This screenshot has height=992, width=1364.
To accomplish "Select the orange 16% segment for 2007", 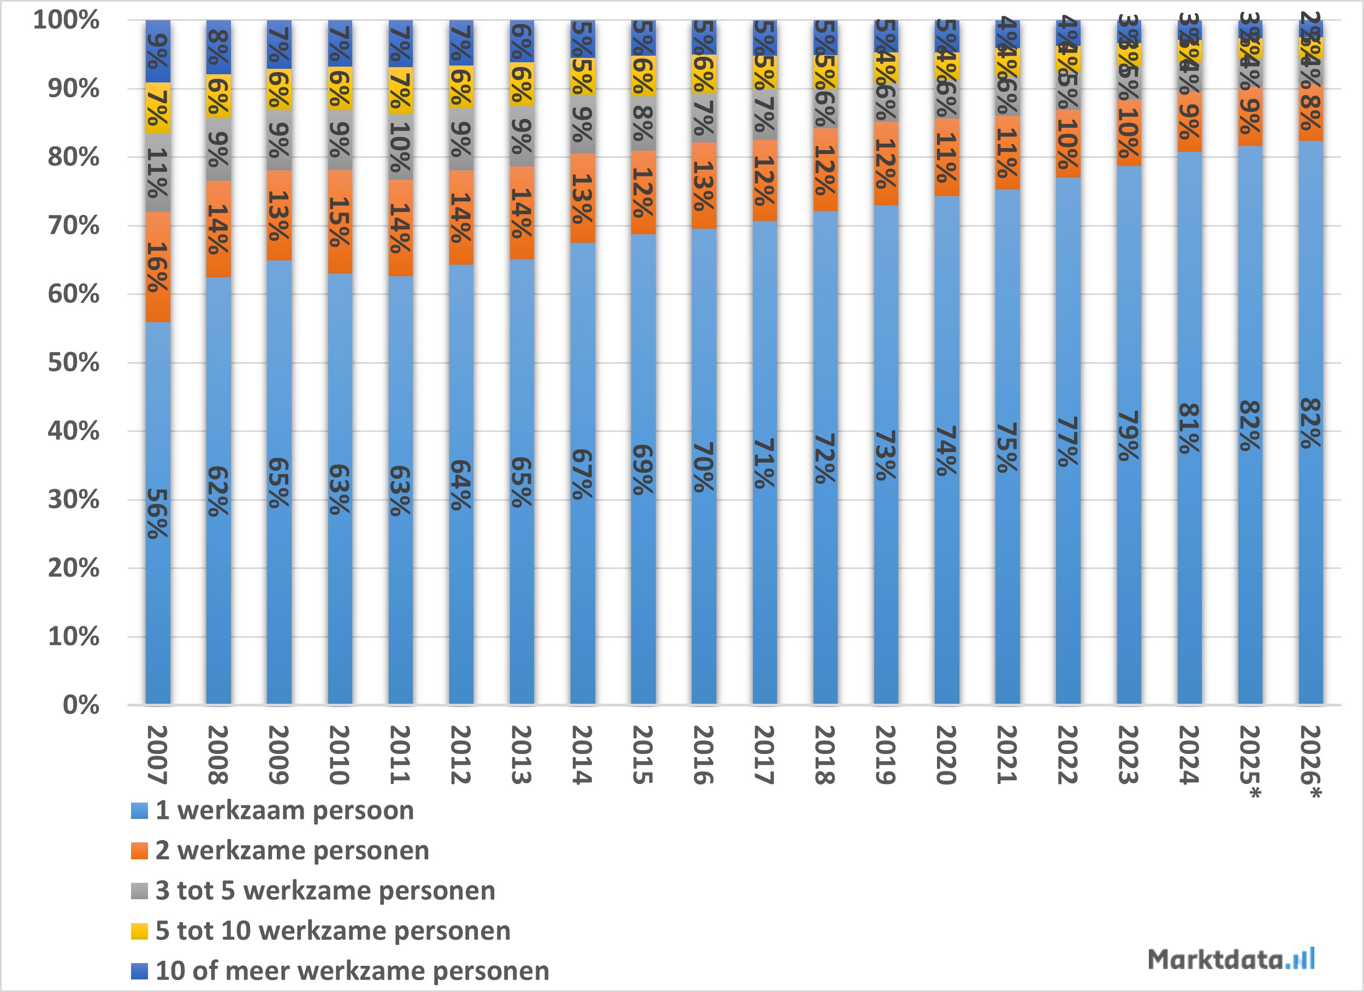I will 158,267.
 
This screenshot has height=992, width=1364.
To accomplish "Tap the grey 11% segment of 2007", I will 158,173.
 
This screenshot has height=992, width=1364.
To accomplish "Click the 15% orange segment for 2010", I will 340,222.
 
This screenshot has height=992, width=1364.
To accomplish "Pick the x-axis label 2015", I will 643,755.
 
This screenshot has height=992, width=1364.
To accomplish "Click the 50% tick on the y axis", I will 74,363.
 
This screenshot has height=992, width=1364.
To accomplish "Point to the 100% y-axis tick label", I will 66,20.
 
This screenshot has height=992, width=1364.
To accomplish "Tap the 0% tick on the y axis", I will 81,705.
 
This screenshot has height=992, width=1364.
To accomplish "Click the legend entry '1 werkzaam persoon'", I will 284,810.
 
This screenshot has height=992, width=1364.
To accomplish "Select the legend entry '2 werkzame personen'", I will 292,851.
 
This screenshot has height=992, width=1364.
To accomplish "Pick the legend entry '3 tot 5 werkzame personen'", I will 325,890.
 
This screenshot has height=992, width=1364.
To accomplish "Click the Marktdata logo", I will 1230,958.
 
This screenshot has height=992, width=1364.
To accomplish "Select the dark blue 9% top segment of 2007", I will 158,51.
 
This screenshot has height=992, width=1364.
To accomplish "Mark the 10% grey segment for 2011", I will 401,147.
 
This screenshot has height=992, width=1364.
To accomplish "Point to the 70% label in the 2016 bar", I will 704,467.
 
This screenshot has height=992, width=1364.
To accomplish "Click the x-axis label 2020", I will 947,755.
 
